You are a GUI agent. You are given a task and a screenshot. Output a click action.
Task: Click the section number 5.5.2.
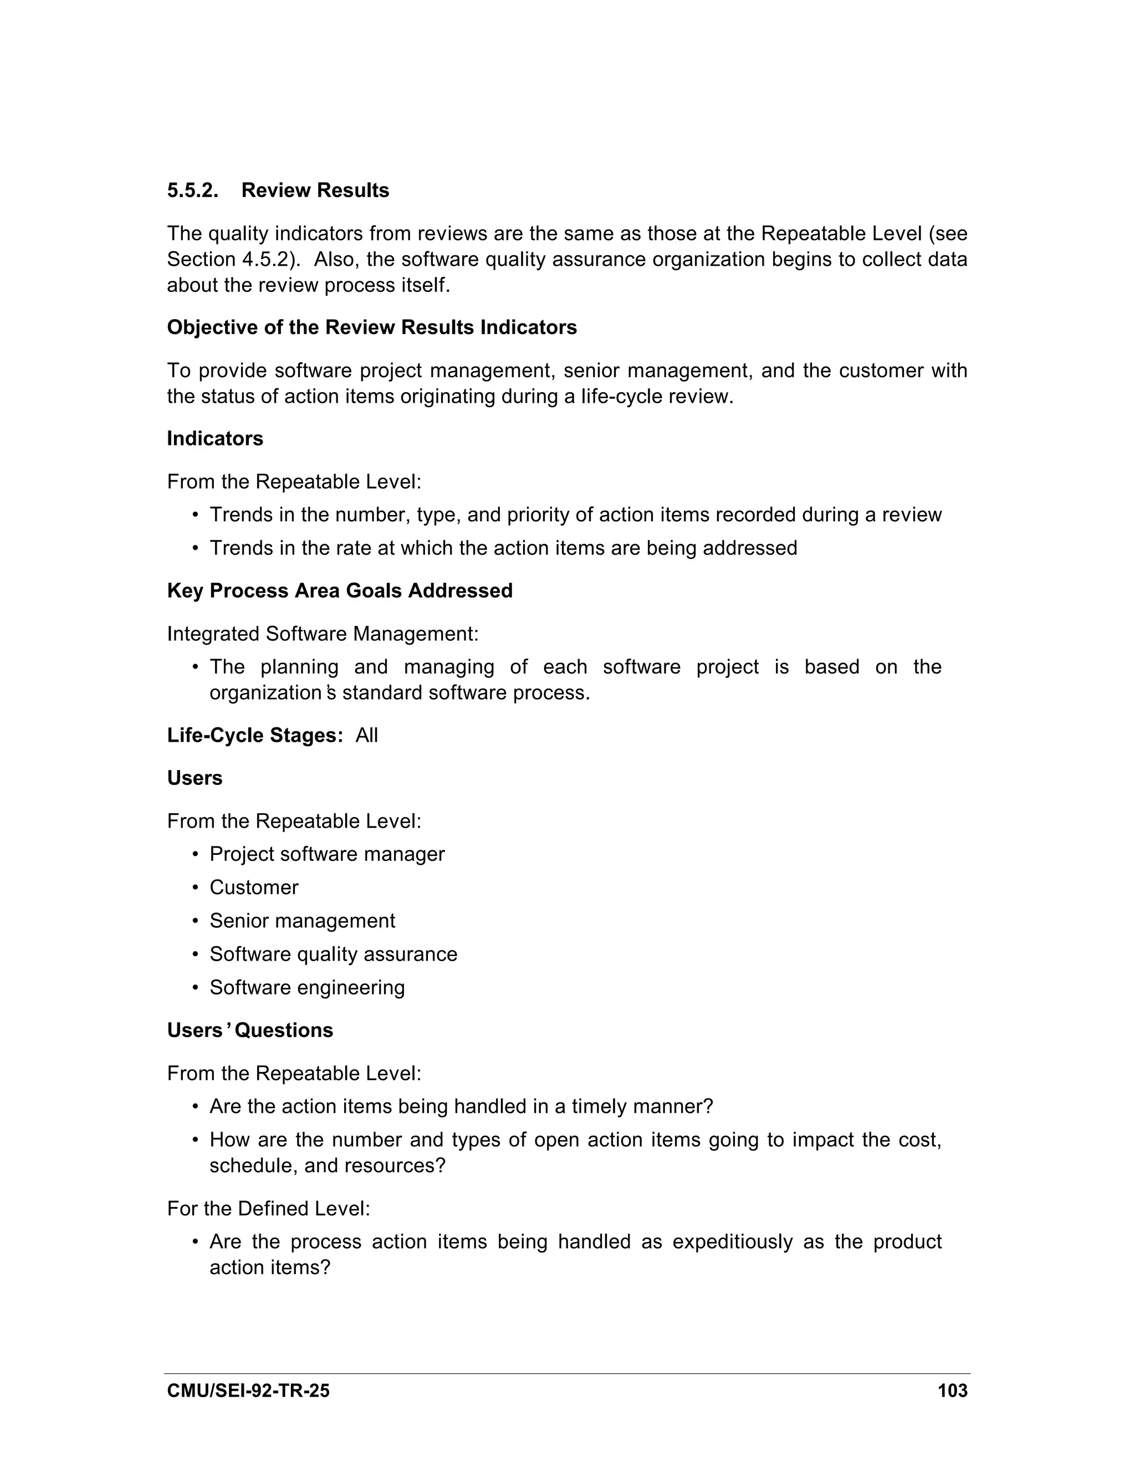[193, 190]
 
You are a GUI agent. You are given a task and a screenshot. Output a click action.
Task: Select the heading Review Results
[315, 190]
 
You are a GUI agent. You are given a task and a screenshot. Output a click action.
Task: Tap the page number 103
[952, 1390]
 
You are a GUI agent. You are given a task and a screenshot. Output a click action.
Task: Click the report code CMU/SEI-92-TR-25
[248, 1390]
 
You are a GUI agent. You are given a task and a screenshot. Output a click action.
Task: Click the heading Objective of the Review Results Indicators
[372, 327]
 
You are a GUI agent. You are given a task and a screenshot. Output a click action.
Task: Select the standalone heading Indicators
[215, 438]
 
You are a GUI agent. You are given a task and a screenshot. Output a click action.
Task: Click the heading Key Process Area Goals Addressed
[340, 590]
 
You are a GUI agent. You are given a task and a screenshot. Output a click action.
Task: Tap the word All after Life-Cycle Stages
[366, 735]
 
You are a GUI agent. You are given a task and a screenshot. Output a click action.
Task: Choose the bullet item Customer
[253, 887]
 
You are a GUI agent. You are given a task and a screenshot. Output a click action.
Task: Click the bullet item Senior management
[302, 920]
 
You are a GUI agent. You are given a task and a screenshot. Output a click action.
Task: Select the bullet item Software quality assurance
[333, 954]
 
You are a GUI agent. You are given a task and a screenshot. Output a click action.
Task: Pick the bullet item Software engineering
[306, 987]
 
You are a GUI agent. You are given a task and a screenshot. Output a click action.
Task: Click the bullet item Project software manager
[327, 854]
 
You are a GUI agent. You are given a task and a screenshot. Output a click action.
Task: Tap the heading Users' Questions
[249, 1030]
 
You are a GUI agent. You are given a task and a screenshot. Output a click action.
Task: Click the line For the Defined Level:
[268, 1209]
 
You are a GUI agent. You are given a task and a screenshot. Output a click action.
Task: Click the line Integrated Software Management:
[323, 633]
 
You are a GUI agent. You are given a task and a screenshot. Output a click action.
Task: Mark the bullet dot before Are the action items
[196, 1106]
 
